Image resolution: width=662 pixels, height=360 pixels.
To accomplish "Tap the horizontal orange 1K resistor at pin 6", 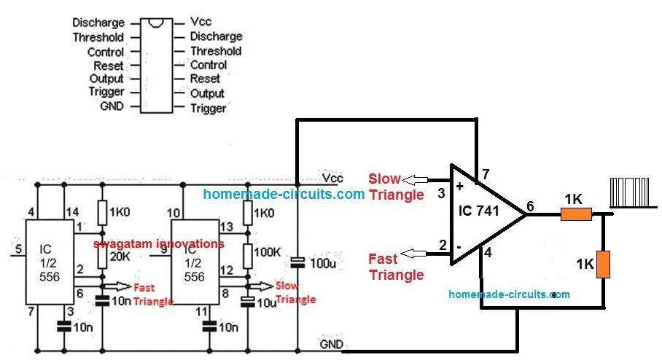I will (x=575, y=214).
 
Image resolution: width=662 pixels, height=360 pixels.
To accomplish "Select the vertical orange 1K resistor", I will (x=602, y=265).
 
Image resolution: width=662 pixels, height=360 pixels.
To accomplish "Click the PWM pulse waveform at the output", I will (x=631, y=193).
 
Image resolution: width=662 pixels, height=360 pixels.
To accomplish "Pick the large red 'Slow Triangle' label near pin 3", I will (x=396, y=187).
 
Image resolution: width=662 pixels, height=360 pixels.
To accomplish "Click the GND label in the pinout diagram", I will (x=109, y=106).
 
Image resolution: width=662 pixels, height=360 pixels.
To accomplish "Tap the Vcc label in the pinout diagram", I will (x=201, y=23).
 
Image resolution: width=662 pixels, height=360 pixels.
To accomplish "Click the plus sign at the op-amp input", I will (x=460, y=186).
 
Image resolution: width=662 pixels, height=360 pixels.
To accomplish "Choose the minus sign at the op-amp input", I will (x=460, y=246).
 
